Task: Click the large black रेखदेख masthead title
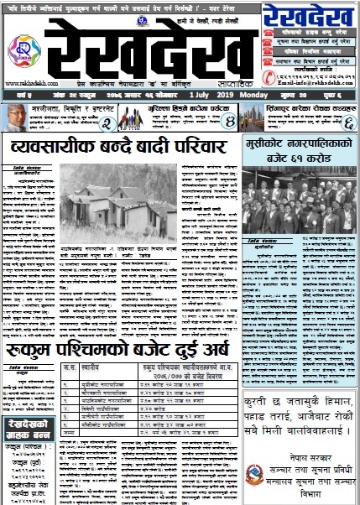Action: click(150, 50)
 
